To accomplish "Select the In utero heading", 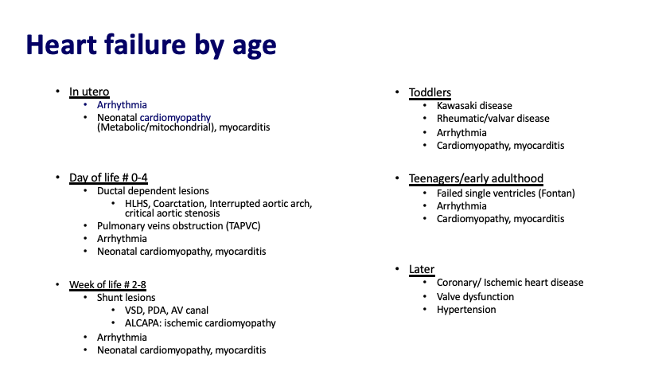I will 88,92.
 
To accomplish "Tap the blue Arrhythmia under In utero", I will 122,104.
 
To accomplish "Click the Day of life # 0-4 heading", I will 108,177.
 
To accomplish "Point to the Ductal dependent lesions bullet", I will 153,191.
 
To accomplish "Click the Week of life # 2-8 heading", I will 113,284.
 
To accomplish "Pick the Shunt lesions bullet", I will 126,298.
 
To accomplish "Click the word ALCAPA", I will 144,323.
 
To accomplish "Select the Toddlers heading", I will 430,92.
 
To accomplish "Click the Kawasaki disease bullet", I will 474,105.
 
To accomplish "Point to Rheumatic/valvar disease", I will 493,119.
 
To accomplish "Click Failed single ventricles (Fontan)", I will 505,193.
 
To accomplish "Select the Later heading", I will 422,269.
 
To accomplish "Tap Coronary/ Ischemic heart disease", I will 510,283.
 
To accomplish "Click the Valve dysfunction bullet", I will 475,296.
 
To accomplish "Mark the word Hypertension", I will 466,310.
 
